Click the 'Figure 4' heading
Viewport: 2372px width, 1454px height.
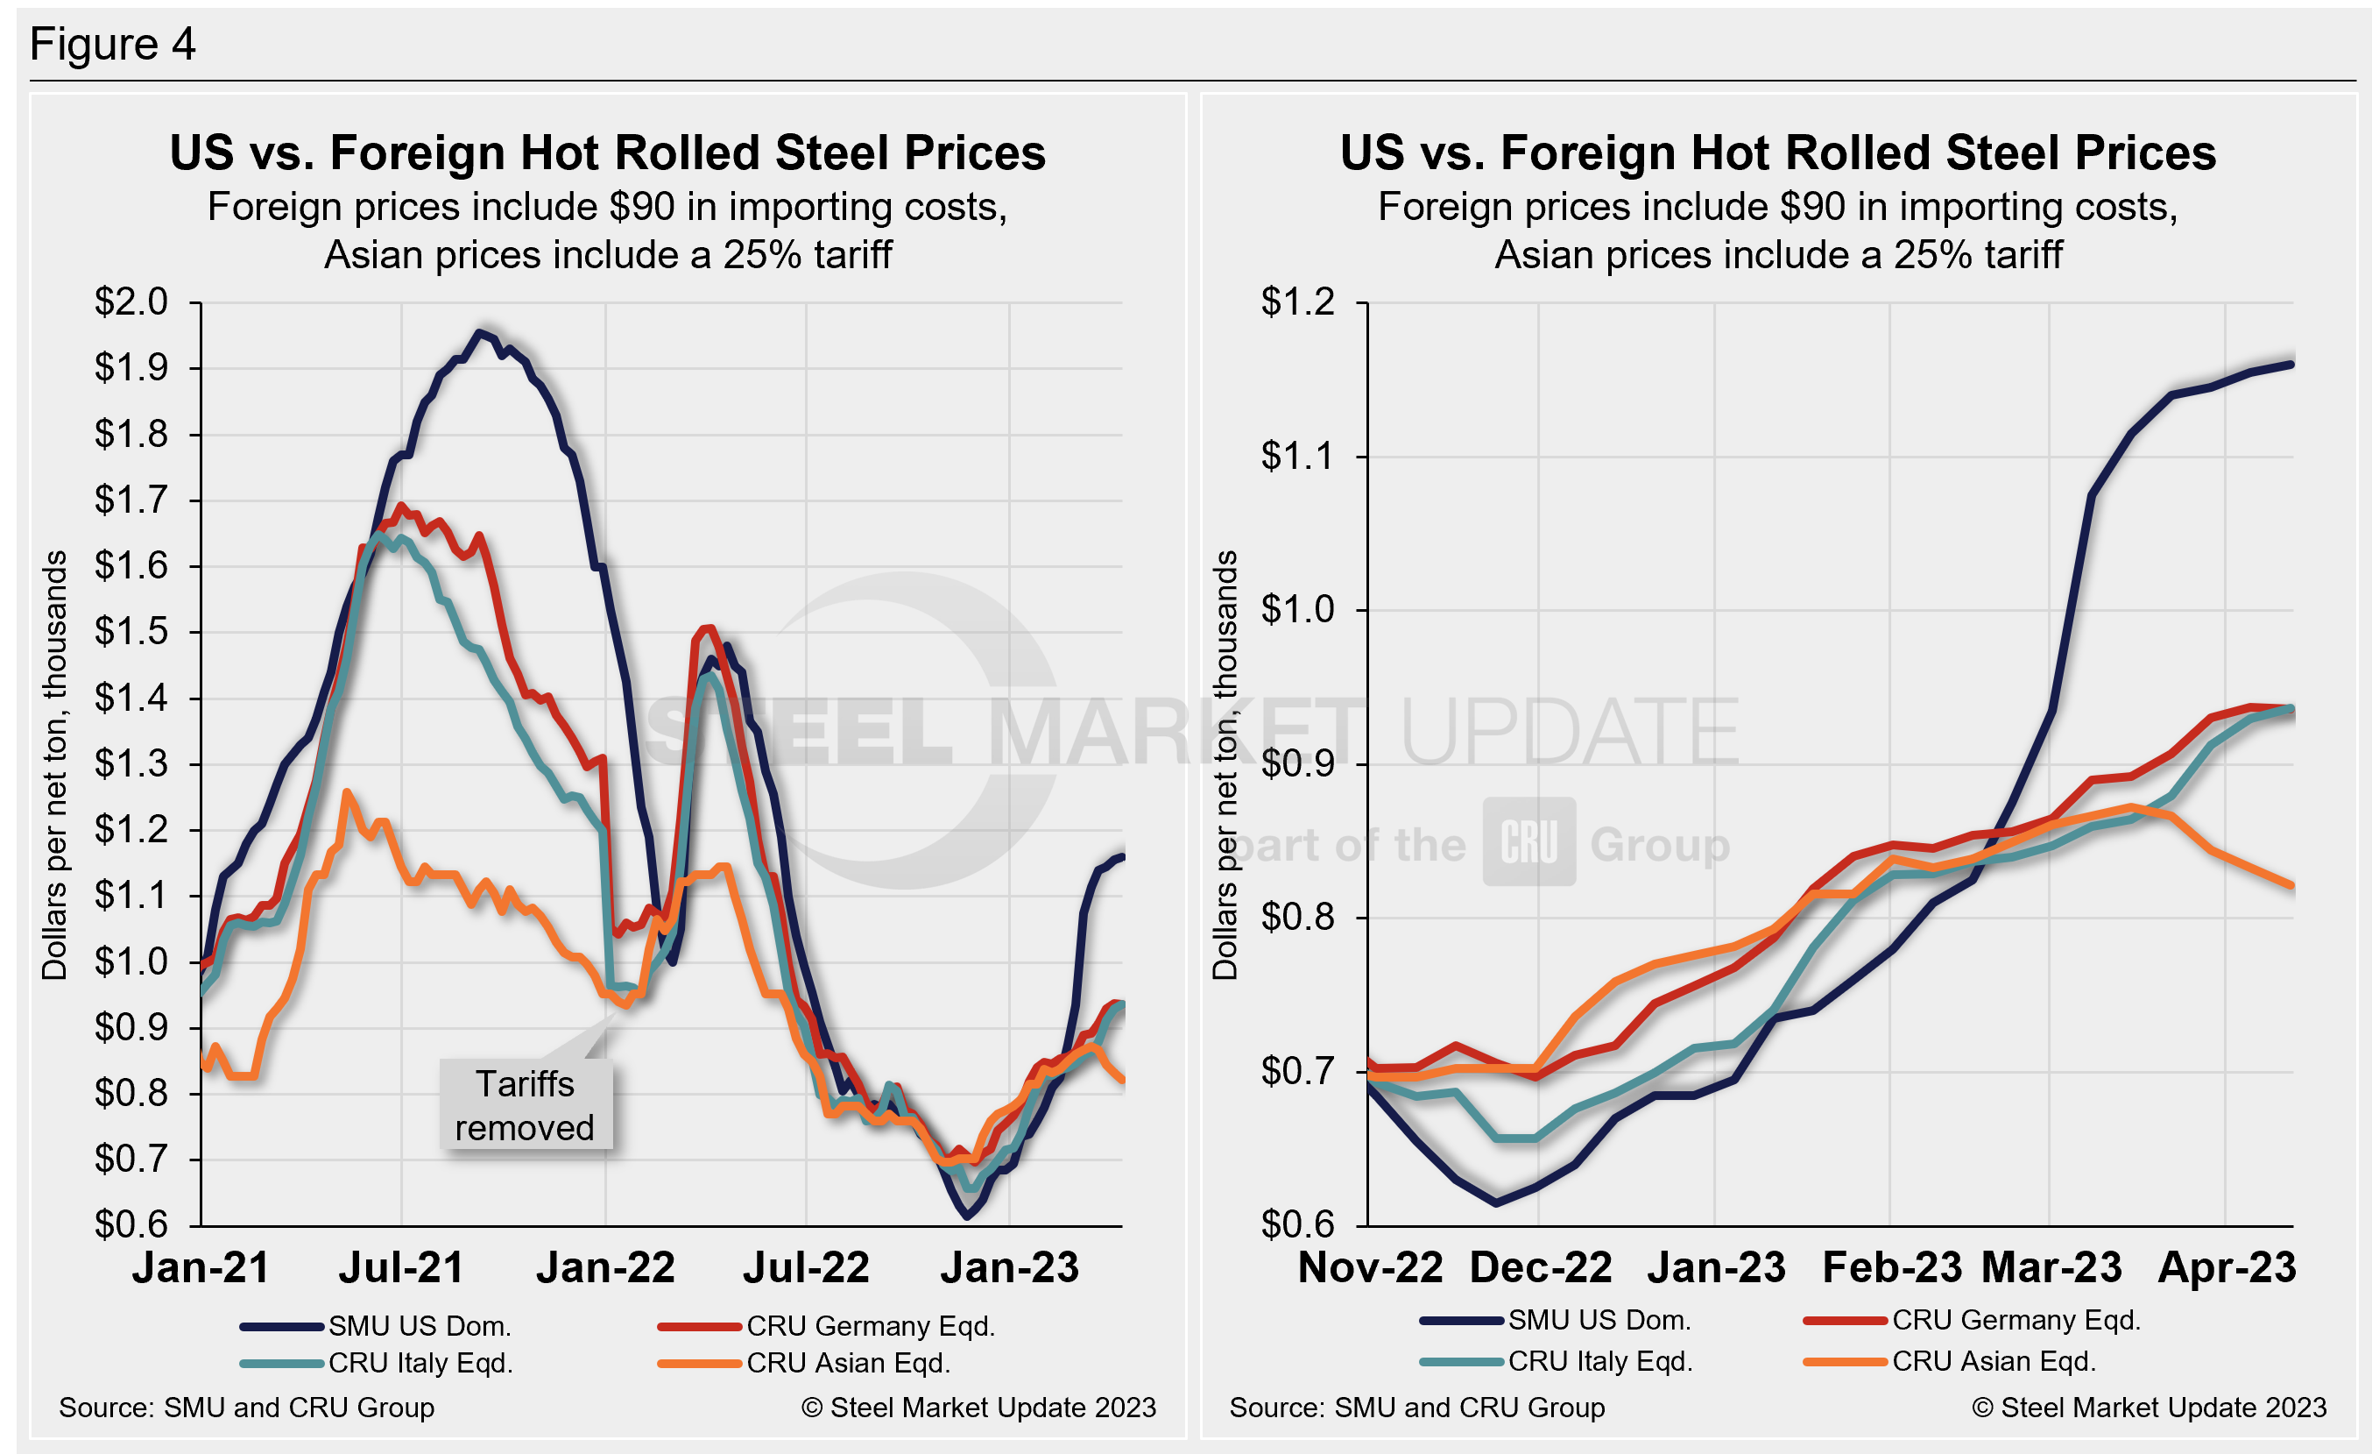coord(113,45)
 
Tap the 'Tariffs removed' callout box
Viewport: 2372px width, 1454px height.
coord(526,1105)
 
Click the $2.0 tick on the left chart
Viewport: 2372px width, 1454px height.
coord(131,302)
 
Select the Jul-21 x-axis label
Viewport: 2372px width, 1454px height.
coord(401,1268)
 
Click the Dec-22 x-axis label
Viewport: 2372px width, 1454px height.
coord(1540,1268)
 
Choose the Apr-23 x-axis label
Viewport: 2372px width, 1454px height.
coord(2227,1268)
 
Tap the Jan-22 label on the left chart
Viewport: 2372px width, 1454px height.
coord(605,1268)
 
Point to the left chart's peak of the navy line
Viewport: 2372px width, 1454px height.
coord(479,332)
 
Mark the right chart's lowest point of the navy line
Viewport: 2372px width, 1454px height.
coord(1496,1202)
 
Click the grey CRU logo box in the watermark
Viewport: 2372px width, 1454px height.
coord(1528,841)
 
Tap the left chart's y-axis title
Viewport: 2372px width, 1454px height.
coord(55,764)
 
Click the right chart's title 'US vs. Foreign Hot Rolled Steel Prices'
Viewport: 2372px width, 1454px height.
coord(1778,153)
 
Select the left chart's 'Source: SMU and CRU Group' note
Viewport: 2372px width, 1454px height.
coord(246,1408)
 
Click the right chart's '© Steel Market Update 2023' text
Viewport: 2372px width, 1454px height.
coord(2149,1408)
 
